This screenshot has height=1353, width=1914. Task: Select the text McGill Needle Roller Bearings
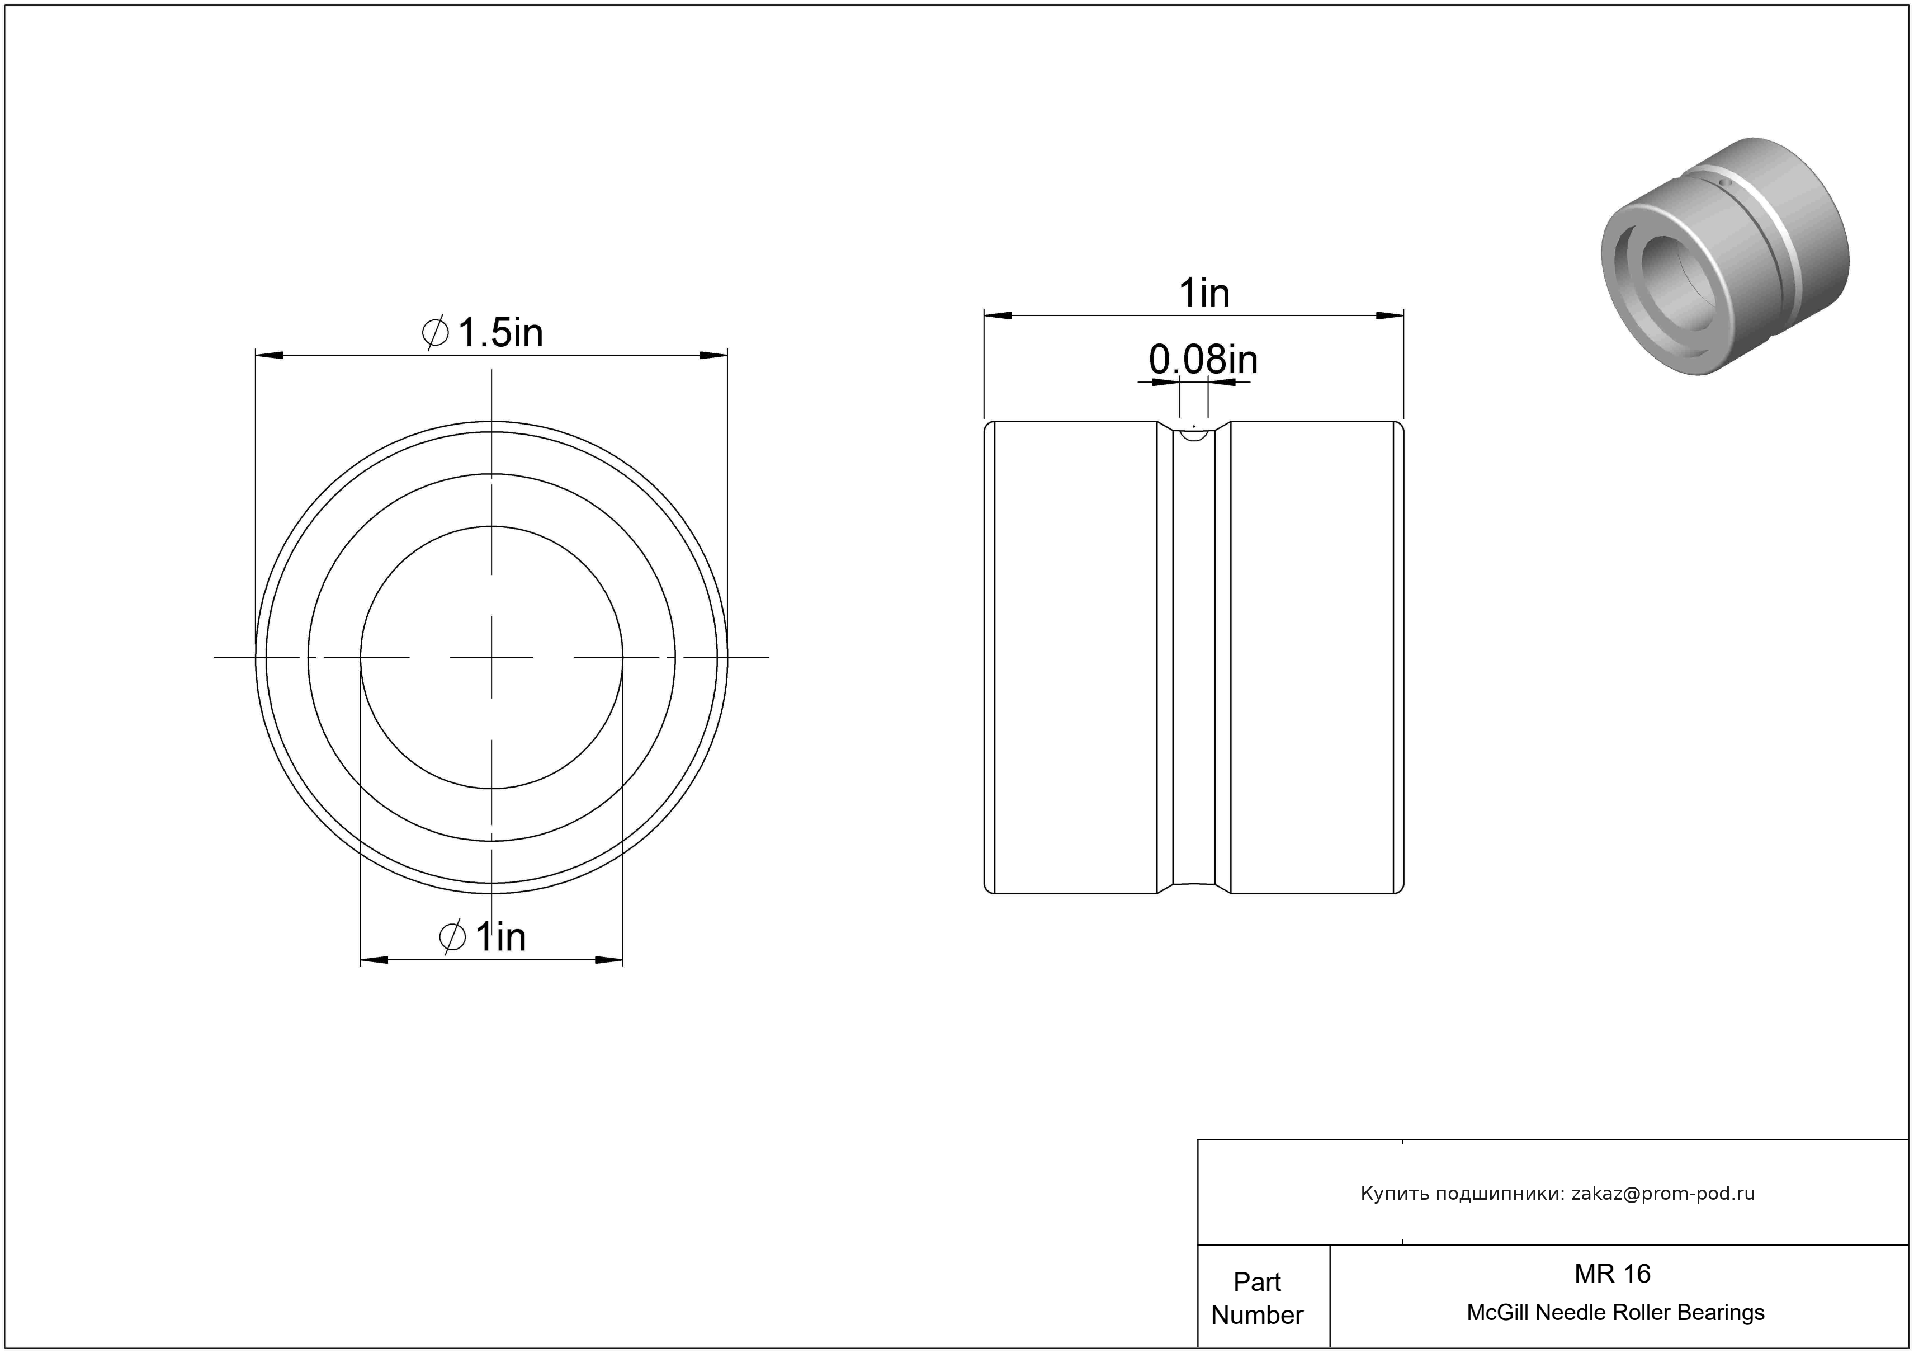(x=1615, y=1312)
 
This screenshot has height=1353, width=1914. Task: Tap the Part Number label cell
(x=1257, y=1298)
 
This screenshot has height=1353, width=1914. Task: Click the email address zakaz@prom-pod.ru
(x=1663, y=1193)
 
